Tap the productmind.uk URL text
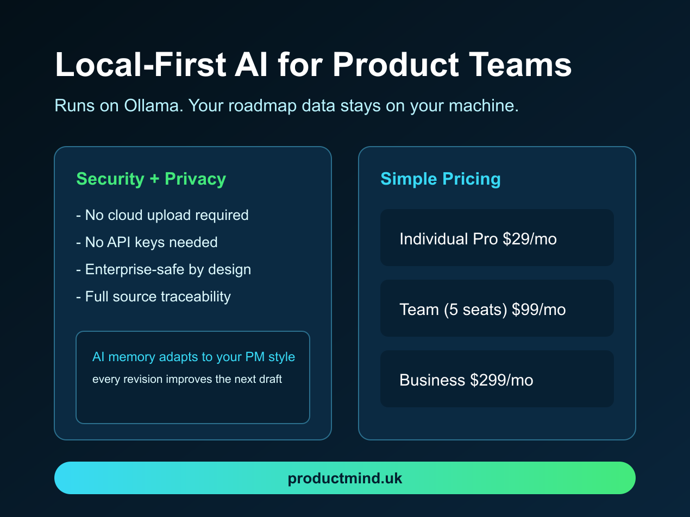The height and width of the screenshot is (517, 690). (x=345, y=478)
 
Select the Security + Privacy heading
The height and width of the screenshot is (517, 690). (x=151, y=179)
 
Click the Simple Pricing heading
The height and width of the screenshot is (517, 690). (x=440, y=179)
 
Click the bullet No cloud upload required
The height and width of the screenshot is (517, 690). (x=162, y=215)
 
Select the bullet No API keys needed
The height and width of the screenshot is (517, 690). (x=147, y=242)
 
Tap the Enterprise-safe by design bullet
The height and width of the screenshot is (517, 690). (x=164, y=269)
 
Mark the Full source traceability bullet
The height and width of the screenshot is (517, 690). (x=153, y=297)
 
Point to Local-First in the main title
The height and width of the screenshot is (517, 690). (x=141, y=65)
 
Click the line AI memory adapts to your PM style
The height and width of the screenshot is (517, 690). (x=193, y=357)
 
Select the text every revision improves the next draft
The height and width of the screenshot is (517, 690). (x=187, y=379)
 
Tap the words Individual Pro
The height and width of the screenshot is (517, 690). (x=448, y=239)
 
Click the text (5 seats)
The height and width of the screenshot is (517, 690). (x=475, y=310)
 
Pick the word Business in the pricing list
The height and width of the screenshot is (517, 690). (x=432, y=380)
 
